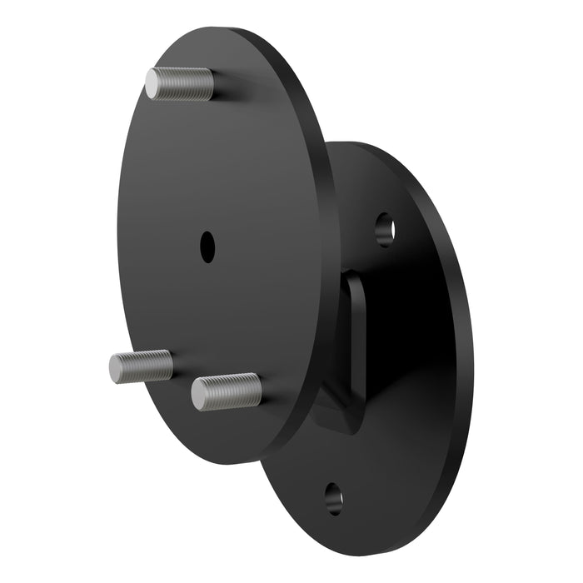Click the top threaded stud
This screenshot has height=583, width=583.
click(179, 84)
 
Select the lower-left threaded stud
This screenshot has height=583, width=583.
click(141, 366)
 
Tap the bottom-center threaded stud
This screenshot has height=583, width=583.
click(227, 391)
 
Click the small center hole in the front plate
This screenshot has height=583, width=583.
click(207, 247)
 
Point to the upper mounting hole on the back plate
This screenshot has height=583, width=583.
click(384, 229)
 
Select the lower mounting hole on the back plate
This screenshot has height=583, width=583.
click(334, 497)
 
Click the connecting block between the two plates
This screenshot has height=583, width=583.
click(353, 350)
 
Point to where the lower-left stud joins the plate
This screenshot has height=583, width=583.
click(171, 365)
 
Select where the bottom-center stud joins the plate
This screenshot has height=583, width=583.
click(259, 390)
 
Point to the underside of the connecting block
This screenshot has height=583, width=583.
click(341, 421)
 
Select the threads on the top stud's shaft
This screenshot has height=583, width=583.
click(187, 84)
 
